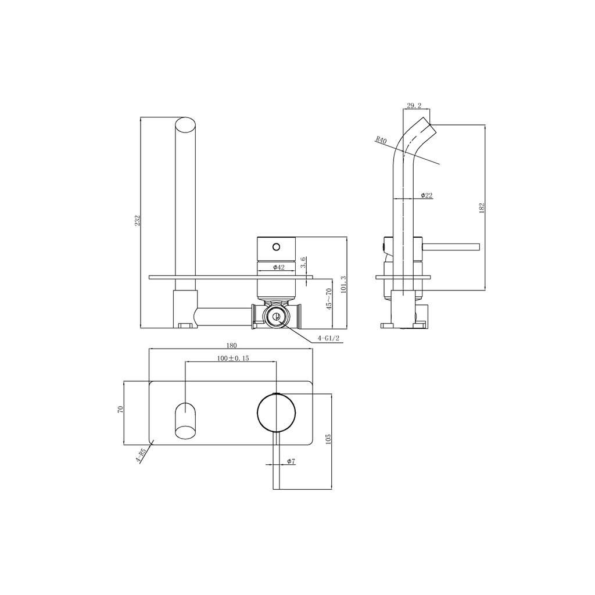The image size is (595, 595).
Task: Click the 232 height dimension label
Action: point(138,221)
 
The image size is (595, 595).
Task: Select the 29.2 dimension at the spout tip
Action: point(414,106)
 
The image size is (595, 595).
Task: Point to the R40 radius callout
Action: point(381,140)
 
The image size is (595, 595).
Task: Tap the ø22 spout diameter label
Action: point(425,195)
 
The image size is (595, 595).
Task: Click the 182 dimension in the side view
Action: point(482,207)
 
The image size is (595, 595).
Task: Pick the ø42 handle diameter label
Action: point(278,267)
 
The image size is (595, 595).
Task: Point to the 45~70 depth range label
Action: point(329,298)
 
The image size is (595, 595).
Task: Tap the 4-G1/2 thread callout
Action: point(328,338)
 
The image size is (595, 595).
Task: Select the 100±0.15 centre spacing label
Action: point(233,359)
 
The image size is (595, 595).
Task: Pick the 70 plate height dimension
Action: point(121,408)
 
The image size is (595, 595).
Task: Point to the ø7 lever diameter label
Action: point(291,461)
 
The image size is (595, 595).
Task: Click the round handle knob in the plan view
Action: point(276,413)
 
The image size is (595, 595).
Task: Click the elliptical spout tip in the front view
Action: point(185,126)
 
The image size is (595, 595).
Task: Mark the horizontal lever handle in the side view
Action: point(450,247)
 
